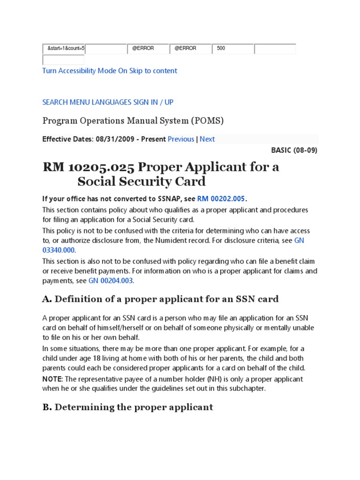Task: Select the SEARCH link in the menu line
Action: pos(55,102)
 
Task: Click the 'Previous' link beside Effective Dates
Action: pos(181,139)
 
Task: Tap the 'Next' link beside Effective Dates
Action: pos(207,139)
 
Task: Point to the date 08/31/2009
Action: pos(108,139)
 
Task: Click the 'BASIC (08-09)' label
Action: pos(294,150)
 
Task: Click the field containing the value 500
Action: pos(232,49)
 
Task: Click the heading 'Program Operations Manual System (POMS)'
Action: pos(133,121)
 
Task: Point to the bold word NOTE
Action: pos(52,379)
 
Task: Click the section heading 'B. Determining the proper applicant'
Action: pos(128,407)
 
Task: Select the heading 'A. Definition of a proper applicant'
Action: pos(160,299)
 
